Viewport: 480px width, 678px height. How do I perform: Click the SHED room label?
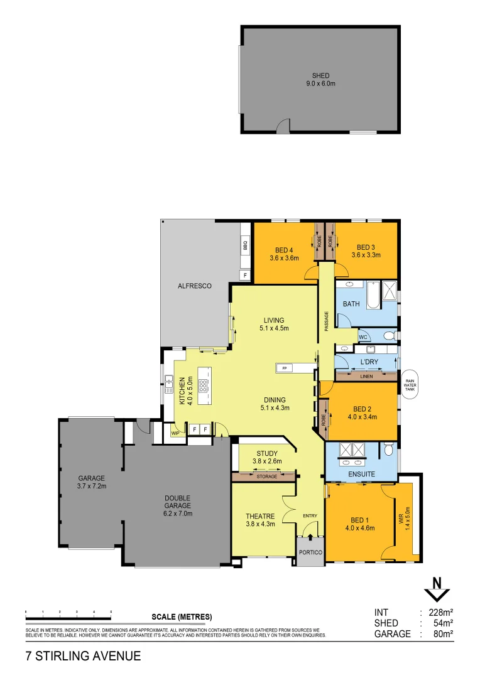tap(320, 75)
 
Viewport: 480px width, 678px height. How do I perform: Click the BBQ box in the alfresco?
tap(245, 247)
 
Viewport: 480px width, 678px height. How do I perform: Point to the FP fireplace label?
tap(284, 368)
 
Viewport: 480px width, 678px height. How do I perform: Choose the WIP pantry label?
tap(175, 433)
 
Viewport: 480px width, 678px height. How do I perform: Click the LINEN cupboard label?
tap(366, 377)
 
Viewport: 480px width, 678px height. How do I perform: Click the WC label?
tap(363, 337)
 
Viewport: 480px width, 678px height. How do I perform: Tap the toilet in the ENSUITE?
tap(388, 449)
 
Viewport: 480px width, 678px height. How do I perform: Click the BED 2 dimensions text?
tap(361, 416)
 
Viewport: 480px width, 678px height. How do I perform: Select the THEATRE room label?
tap(260, 517)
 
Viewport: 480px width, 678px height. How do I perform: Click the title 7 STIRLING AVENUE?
tap(83, 657)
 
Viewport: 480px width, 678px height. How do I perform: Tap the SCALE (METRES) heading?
tap(182, 616)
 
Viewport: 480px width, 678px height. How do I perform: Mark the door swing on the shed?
tap(283, 126)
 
